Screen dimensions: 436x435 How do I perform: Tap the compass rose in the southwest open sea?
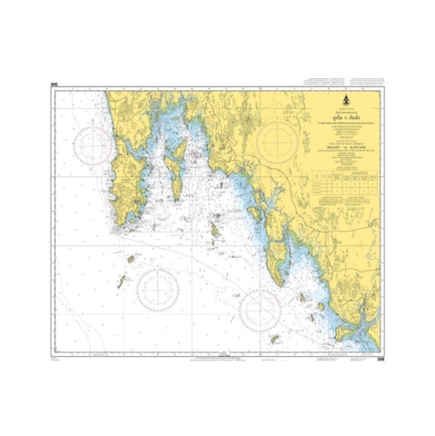157,287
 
